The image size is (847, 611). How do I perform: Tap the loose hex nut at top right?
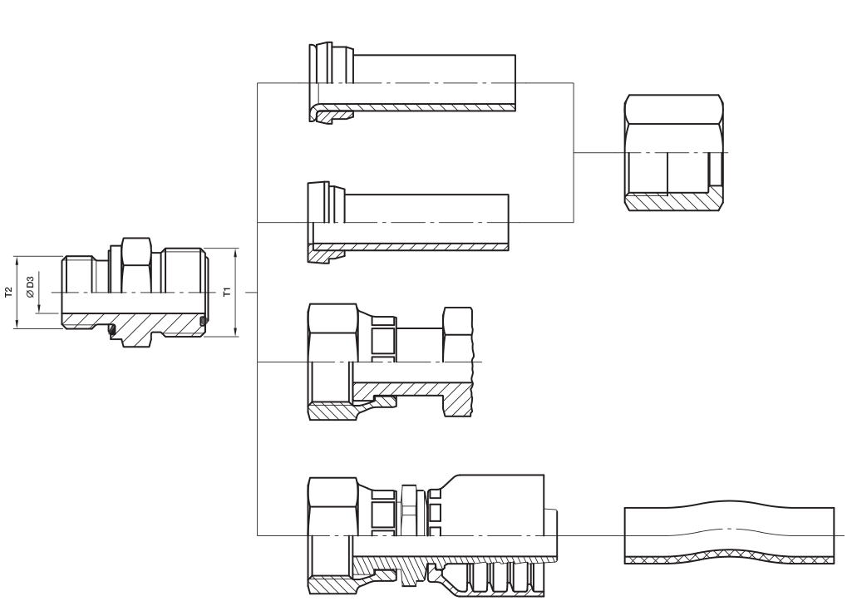[676, 152]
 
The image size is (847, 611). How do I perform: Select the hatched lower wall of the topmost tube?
[416, 108]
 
